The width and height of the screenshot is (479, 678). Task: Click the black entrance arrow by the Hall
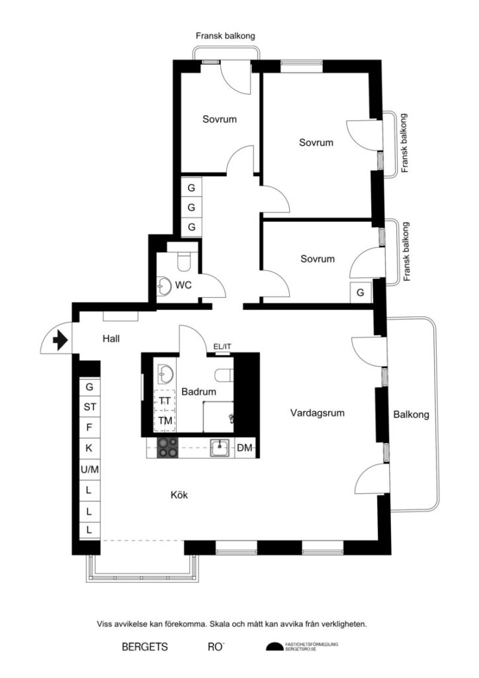pos(60,340)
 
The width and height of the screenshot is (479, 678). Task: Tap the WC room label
pos(183,285)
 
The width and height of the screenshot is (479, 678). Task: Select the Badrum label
pos(198,391)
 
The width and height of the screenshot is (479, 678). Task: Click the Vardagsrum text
pos(318,413)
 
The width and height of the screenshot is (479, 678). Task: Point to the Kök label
pos(180,493)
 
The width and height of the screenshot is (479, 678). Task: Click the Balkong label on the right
pos(411,415)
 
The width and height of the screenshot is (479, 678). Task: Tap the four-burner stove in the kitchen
pos(167,448)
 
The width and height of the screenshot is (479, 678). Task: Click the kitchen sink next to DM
pos(220,448)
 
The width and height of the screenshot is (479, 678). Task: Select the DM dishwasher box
pos(245,448)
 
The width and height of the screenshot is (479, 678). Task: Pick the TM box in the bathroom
pos(165,420)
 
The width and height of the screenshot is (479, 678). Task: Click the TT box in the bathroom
pos(165,401)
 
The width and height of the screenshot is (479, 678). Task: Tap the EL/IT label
pos(222,346)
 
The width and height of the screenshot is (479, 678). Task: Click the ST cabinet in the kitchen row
pos(89,407)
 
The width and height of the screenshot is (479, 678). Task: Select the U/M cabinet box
pos(89,469)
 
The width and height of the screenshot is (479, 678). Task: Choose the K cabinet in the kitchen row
pos(89,448)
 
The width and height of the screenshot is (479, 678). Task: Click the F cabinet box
pos(89,427)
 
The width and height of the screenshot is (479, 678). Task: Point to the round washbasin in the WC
pos(163,286)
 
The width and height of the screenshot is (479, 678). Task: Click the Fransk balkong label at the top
pos(225,36)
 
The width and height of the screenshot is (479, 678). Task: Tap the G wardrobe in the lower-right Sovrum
pos(361,292)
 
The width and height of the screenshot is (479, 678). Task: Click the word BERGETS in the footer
pos(145,646)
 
